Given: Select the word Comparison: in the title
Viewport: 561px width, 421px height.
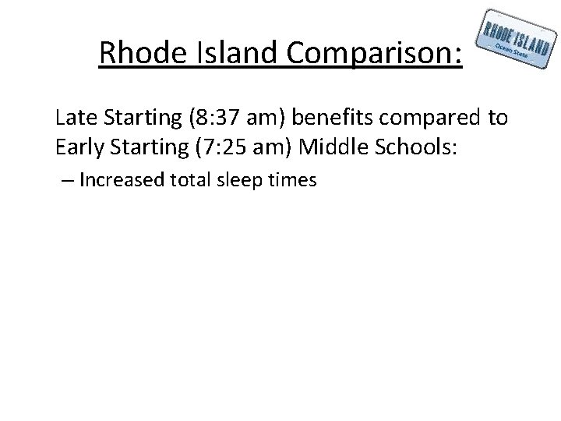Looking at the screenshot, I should coord(373,54).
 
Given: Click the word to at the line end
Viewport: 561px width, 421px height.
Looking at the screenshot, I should coord(498,119).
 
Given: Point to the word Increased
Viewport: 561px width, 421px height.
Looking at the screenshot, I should coord(117,181).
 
